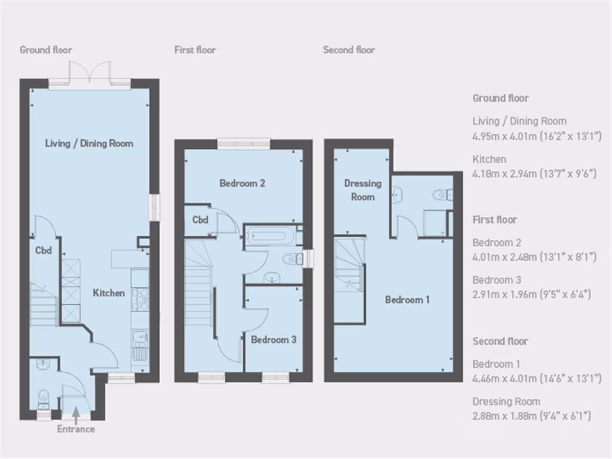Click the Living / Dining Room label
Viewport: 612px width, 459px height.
pyautogui.click(x=89, y=143)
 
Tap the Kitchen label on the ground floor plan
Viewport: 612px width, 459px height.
pyautogui.click(x=108, y=293)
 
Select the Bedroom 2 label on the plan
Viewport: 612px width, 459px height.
pyautogui.click(x=242, y=183)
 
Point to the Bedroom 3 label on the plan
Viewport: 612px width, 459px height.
pyautogui.click(x=273, y=339)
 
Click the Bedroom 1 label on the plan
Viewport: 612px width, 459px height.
pyautogui.click(x=407, y=299)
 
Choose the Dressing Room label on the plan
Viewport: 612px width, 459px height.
pyautogui.click(x=362, y=190)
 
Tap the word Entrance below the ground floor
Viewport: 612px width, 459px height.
pyautogui.click(x=76, y=429)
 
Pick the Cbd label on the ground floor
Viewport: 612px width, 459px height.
pyautogui.click(x=43, y=250)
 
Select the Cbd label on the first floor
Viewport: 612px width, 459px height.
pyautogui.click(x=200, y=219)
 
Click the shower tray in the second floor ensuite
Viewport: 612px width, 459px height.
pyautogui.click(x=434, y=223)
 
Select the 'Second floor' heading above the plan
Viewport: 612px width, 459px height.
pyautogui.click(x=349, y=50)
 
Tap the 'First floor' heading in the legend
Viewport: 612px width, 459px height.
pyautogui.click(x=494, y=219)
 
